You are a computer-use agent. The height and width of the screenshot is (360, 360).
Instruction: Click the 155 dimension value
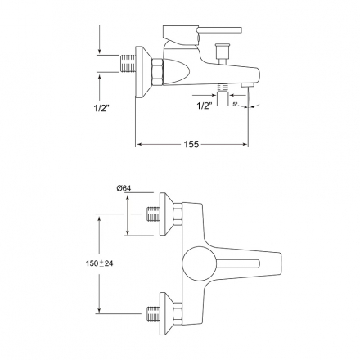(191, 144)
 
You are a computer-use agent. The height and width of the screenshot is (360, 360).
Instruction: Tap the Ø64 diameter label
(124, 188)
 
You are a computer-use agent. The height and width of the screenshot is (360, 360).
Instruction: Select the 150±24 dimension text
(99, 263)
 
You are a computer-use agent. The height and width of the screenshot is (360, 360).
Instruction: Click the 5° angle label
(236, 104)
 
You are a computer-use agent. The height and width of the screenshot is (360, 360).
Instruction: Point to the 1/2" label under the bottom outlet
(205, 106)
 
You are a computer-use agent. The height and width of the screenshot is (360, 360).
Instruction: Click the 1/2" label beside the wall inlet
(101, 108)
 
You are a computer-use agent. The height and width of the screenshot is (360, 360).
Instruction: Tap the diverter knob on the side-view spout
(223, 54)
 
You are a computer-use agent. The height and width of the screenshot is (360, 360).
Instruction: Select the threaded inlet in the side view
(128, 64)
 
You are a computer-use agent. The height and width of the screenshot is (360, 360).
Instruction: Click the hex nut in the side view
(158, 71)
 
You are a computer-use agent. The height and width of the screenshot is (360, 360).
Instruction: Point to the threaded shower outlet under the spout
(223, 88)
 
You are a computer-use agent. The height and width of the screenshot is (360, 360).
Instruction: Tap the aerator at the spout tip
(247, 85)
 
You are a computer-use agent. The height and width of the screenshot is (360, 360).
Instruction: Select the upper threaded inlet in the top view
(154, 214)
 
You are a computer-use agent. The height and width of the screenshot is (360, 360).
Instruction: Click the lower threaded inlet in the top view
(153, 313)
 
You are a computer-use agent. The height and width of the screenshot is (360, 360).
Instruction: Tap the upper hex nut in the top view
(178, 214)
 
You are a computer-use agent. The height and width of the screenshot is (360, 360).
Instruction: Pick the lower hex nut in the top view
(178, 313)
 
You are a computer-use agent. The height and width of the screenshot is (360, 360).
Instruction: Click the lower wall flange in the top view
(166, 313)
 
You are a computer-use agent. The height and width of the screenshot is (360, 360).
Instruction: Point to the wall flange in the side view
(144, 72)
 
